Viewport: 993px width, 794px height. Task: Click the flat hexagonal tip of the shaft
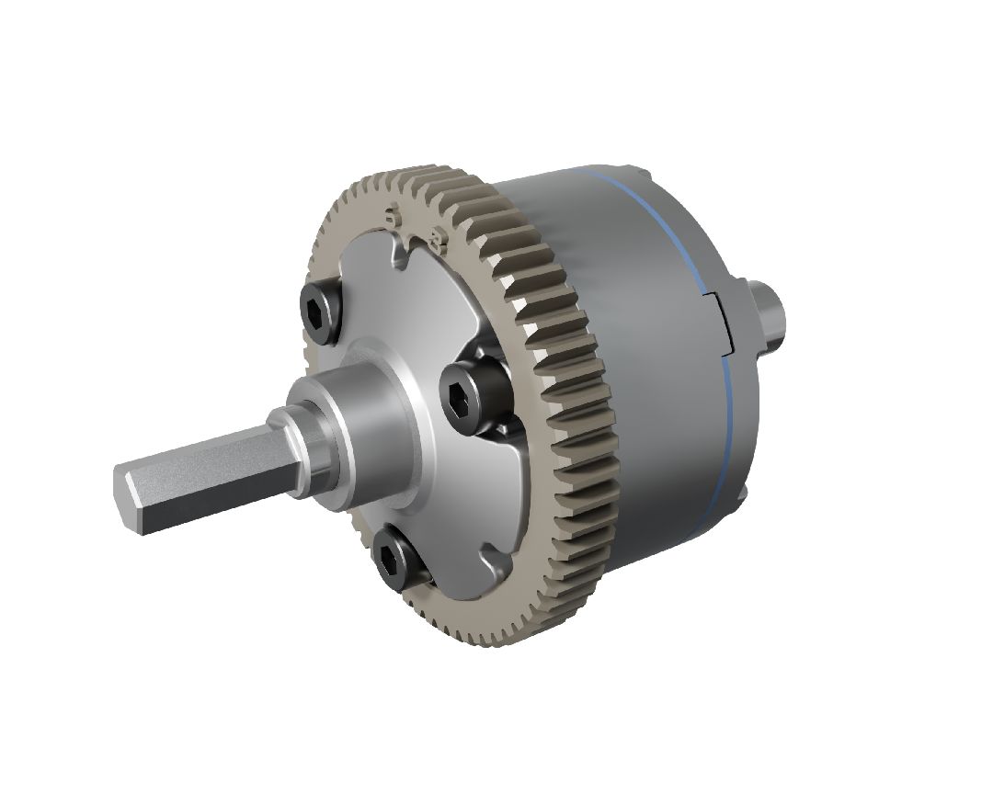tap(129, 501)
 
